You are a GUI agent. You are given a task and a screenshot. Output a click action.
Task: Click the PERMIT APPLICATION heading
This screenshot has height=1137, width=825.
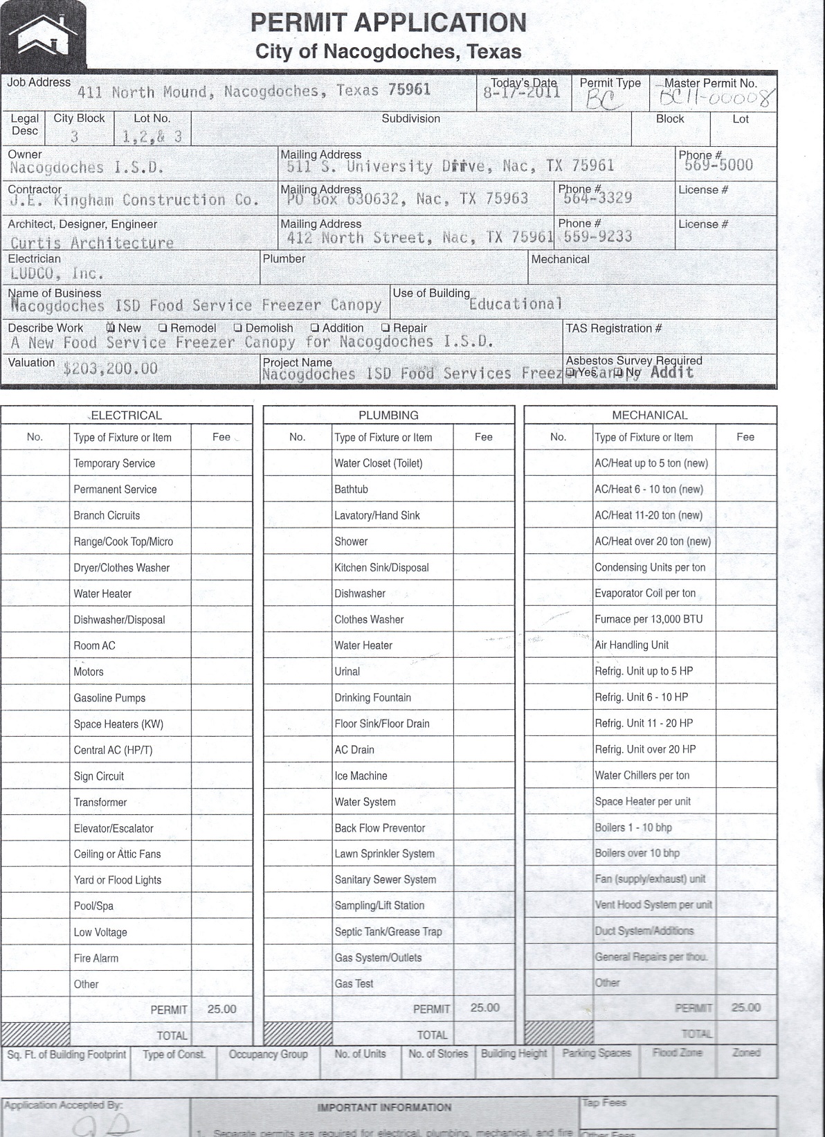[388, 23]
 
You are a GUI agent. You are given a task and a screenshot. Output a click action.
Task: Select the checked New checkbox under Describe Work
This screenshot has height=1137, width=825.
[111, 328]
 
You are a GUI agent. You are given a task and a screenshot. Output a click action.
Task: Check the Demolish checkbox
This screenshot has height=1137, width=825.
[238, 328]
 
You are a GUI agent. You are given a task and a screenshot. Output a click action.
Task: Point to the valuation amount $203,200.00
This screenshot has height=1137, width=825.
[110, 368]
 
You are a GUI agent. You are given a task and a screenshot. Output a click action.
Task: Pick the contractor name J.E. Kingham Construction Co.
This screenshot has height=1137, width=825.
[134, 201]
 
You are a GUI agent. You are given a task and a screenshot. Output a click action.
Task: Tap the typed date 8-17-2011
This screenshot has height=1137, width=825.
[522, 93]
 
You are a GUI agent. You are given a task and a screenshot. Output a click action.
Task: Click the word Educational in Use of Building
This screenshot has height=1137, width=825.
[516, 304]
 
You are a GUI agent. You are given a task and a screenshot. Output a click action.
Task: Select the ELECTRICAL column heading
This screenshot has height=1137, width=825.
[126, 415]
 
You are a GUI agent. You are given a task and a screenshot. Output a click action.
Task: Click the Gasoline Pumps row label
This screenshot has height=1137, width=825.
[109, 698]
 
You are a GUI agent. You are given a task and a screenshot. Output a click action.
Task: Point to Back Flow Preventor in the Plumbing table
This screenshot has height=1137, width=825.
[379, 828]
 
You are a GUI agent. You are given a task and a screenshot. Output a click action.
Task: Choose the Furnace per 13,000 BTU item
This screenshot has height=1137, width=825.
[649, 619]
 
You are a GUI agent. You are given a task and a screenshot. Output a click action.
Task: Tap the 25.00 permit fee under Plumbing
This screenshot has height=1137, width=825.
[484, 1008]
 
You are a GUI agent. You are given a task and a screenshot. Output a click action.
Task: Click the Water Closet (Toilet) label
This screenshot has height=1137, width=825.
[378, 463]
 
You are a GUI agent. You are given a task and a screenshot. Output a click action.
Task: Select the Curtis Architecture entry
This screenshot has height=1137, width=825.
[92, 243]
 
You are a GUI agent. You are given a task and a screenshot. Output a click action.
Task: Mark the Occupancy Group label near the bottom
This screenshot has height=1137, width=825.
[268, 1055]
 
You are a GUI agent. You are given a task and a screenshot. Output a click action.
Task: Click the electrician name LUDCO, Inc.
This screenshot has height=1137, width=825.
[57, 274]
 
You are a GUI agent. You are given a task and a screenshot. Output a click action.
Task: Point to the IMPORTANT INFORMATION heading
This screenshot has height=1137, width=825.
[384, 1107]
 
